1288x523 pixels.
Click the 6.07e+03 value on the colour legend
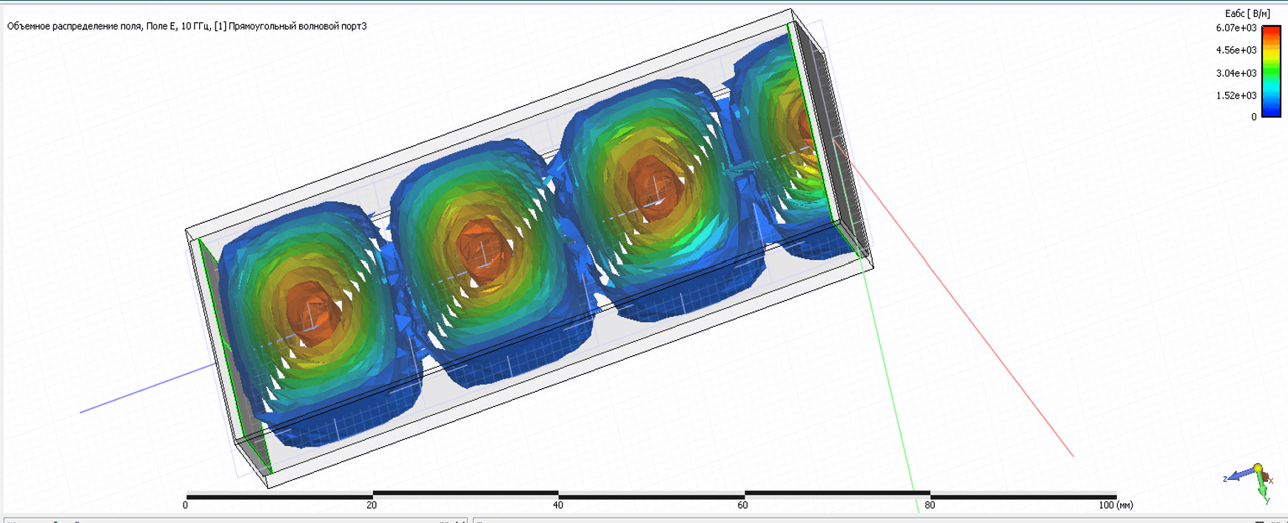pyautogui.click(x=1236, y=28)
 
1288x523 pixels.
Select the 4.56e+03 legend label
pyautogui.click(x=1236, y=50)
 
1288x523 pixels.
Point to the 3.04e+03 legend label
pyautogui.click(x=1236, y=73)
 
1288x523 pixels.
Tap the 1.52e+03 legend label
pyautogui.click(x=1236, y=96)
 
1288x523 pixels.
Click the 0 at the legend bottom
pyautogui.click(x=1254, y=117)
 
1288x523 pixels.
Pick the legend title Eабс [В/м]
pyautogui.click(x=1247, y=13)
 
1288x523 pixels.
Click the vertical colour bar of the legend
pyautogui.click(x=1271, y=71)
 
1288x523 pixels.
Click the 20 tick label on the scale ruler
pyautogui.click(x=371, y=505)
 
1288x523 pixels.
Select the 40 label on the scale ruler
pyautogui.click(x=557, y=505)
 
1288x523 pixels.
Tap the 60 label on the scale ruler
pyautogui.click(x=742, y=505)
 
